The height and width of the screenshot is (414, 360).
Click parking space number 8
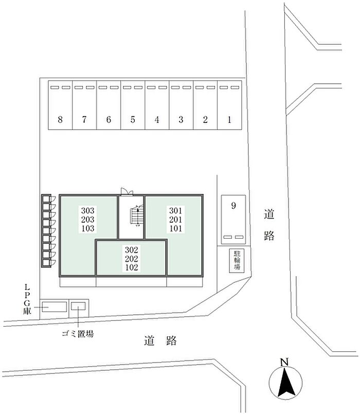pyautogui.click(x=60, y=105)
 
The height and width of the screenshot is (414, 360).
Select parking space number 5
pyautogui.click(x=133, y=105)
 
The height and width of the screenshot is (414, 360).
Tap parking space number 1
pyautogui.click(x=229, y=105)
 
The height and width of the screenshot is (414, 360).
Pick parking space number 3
pyautogui.click(x=181, y=105)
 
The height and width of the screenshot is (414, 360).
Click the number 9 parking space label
pyautogui.click(x=233, y=205)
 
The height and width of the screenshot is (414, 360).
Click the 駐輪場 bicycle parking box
pyautogui.click(x=237, y=260)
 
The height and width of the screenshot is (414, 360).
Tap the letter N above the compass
pyautogui.click(x=284, y=362)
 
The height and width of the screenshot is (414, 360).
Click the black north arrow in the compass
pyautogui.click(x=285, y=383)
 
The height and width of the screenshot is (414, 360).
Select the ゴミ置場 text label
pyautogui.click(x=78, y=333)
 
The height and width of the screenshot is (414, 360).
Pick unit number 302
pyautogui.click(x=132, y=249)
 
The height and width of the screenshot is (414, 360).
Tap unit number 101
pyautogui.click(x=176, y=228)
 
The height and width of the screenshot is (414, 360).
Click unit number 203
pyautogui.click(x=88, y=220)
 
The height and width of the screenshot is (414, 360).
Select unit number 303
pyautogui.click(x=88, y=210)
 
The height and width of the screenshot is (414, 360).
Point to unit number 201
pyautogui.click(x=176, y=220)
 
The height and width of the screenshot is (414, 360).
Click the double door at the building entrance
pyautogui.click(x=127, y=192)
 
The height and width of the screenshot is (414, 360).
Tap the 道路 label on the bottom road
pyautogui.click(x=160, y=340)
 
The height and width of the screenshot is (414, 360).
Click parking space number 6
pyautogui.click(x=109, y=105)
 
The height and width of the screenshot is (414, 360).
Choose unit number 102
pyautogui.click(x=132, y=267)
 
